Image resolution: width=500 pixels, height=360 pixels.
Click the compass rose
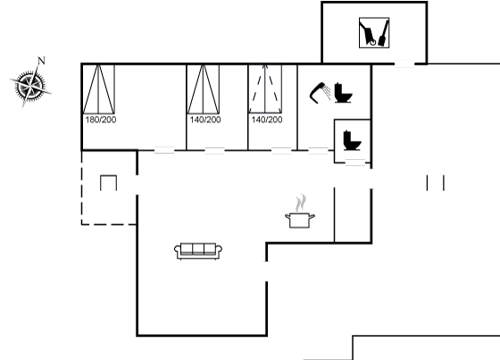30,86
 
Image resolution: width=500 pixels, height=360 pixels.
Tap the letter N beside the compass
41,61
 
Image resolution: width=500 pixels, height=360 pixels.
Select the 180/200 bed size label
101,120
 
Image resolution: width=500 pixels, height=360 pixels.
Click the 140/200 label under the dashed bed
267,120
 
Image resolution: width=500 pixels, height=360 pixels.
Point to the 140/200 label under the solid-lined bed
205,120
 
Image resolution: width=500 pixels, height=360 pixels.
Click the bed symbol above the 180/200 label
98,89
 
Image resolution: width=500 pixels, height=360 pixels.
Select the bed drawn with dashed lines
265,89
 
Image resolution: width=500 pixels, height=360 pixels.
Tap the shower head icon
319,93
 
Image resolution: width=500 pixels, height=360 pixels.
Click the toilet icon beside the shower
343,93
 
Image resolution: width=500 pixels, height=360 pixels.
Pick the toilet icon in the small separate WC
353,140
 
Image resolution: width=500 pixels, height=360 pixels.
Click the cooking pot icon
300,221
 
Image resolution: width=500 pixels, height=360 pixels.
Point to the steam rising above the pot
300,203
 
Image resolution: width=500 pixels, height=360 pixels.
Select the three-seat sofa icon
198,251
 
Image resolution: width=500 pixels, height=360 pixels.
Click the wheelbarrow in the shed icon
368,33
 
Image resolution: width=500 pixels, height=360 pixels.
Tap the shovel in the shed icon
384,33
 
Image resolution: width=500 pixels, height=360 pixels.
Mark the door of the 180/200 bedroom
164,150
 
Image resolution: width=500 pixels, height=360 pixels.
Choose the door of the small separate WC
355,163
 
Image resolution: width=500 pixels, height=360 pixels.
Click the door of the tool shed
404,64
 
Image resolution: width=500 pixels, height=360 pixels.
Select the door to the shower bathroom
318,150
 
